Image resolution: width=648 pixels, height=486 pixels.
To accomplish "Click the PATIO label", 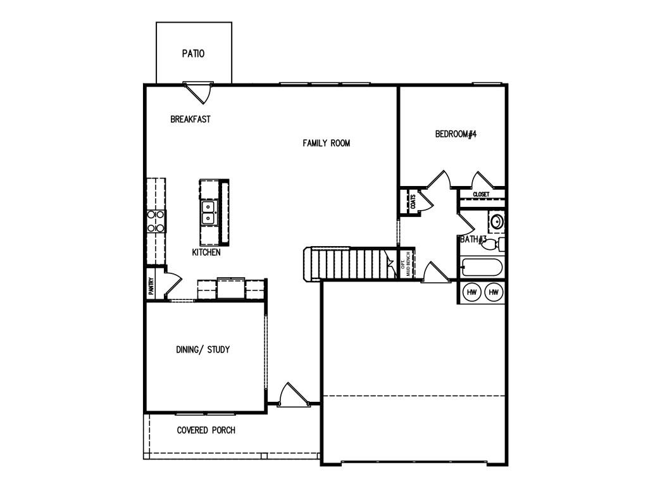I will click(193, 54).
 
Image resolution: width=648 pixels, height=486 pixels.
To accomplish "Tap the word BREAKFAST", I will click(190, 119).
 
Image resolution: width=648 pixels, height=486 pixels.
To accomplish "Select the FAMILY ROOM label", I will click(326, 143).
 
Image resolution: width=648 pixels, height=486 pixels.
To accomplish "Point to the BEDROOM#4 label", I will click(455, 134).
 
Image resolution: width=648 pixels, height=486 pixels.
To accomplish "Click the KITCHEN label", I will click(206, 252).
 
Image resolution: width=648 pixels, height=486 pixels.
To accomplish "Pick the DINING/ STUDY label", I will click(202, 349).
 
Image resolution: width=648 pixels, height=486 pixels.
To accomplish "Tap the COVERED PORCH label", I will click(206, 430).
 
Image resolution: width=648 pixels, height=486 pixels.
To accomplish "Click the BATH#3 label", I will click(473, 239).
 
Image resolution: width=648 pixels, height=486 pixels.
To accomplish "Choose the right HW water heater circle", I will click(494, 292).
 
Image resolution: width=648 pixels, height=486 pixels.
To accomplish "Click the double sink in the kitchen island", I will click(208, 213).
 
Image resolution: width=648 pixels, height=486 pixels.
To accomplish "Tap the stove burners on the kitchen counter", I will click(156, 221).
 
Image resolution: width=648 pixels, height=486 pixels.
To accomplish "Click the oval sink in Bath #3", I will click(497, 221).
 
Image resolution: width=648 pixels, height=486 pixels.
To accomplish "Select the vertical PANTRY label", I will click(151, 287).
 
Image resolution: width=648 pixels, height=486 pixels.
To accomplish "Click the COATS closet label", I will click(413, 202).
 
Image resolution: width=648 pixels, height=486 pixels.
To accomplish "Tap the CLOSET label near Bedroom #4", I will click(481, 194).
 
